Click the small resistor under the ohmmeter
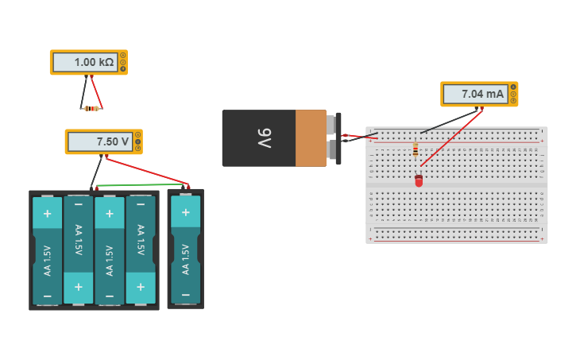[x=91, y=108]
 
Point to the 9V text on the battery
[x=264, y=137]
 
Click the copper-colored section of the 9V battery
[x=311, y=138]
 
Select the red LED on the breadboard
[x=419, y=181]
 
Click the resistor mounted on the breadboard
[x=415, y=150]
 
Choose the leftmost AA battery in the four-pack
[x=47, y=250]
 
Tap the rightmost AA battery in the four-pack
[x=141, y=250]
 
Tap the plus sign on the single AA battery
[x=185, y=212]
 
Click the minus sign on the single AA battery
[x=185, y=294]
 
